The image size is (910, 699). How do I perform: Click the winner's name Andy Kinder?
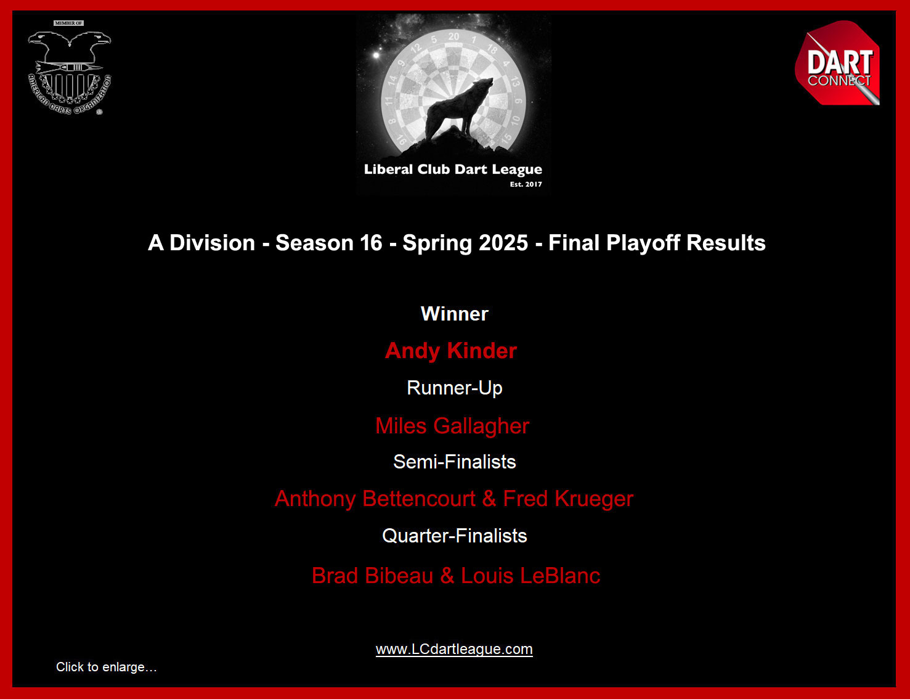coord(450,351)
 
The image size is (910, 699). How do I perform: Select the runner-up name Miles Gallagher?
coord(452,426)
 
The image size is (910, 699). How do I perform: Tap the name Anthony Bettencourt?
coord(375,499)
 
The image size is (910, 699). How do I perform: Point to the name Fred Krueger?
coord(568,499)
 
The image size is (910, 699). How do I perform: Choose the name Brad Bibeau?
coord(373,576)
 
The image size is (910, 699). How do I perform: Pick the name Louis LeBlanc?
coord(530,576)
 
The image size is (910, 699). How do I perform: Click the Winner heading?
coord(454,314)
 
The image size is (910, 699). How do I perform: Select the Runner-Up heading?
coord(455,388)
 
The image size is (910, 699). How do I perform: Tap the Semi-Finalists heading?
coord(455,462)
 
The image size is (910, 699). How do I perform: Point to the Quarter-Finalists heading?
coord(455,536)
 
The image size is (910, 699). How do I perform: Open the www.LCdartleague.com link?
coord(454,649)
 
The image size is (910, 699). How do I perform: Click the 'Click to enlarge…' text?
coord(106,667)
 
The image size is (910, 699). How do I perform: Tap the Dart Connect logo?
coord(838,63)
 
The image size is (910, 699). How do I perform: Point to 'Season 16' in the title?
coord(328,243)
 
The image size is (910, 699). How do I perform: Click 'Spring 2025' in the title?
coord(465,243)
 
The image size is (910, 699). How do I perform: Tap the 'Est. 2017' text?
coord(526,184)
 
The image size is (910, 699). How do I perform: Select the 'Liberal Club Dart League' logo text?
coord(453,170)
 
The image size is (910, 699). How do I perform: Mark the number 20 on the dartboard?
coord(453,36)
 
